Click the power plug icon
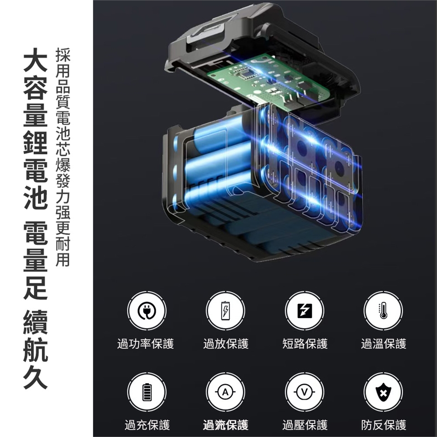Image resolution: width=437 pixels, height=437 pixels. (147, 310)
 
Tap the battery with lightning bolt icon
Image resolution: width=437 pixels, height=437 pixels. (225, 310)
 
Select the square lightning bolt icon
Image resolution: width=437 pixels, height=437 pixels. (305, 310)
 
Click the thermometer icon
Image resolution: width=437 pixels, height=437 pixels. (383, 310)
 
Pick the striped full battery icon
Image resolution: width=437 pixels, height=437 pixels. (147, 392)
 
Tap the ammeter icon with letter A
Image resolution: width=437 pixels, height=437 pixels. (225, 392)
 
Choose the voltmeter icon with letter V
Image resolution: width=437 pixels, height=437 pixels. (305, 392)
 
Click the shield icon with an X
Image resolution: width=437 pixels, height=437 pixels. (383, 392)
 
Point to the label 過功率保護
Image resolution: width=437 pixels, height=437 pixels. (146, 344)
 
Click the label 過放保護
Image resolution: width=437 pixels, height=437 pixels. (226, 344)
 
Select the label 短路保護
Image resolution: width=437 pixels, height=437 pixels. (305, 344)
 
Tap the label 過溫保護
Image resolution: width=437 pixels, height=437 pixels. (384, 344)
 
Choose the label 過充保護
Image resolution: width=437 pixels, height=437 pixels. (147, 425)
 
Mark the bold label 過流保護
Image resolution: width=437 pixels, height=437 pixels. (226, 425)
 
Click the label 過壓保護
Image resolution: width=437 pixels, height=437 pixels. (305, 425)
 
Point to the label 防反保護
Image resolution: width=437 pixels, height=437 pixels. (384, 425)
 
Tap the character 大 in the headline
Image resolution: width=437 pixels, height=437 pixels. (36, 60)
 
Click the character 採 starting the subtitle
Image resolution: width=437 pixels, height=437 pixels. (63, 55)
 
